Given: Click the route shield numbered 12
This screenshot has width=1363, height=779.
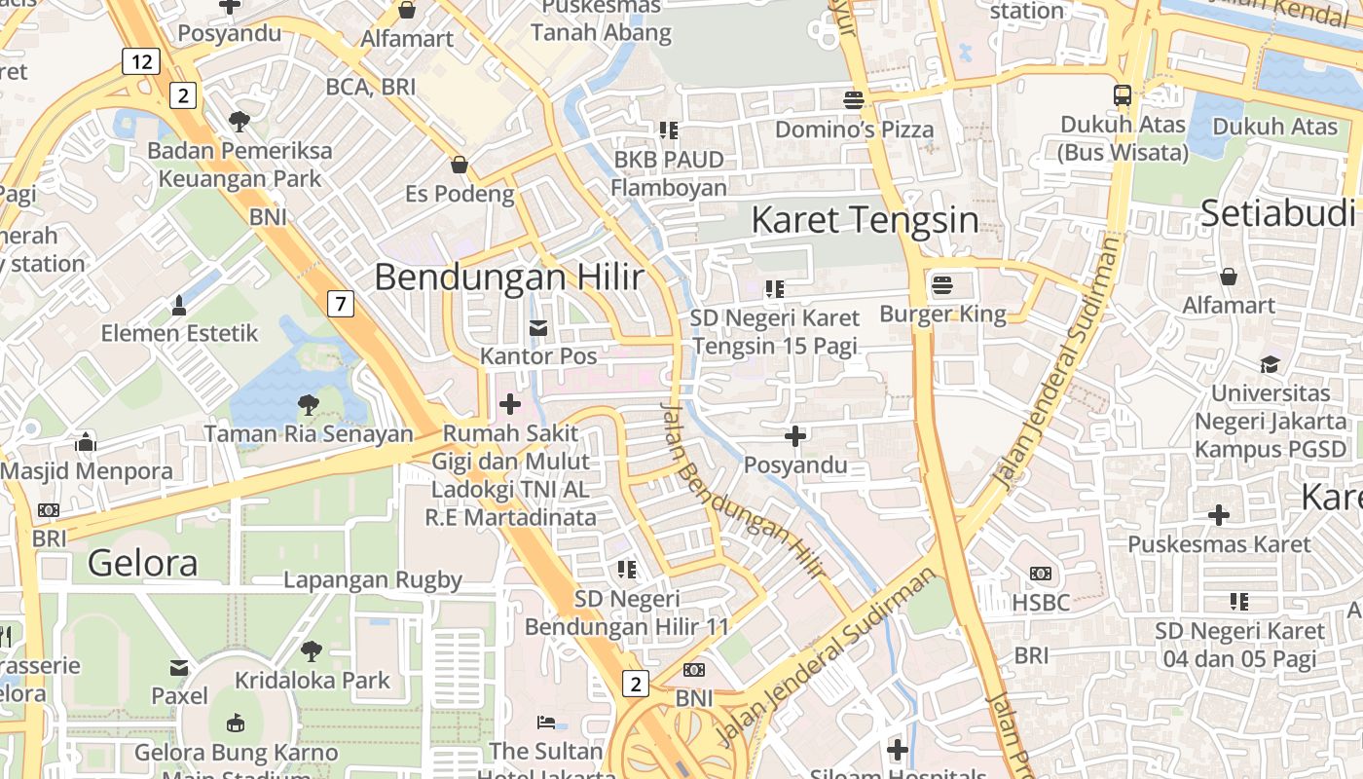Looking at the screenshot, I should (141, 62).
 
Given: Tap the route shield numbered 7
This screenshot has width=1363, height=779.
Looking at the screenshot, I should (339, 304).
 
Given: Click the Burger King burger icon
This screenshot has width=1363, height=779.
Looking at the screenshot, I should (941, 285).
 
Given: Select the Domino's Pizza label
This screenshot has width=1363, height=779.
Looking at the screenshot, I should (854, 130).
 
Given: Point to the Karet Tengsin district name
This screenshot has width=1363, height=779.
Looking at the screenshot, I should (865, 220).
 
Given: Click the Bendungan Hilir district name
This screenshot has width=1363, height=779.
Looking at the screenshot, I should (508, 278).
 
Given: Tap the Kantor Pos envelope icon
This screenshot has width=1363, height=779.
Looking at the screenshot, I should (537, 328).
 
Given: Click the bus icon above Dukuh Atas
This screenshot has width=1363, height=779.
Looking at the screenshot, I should (1123, 95).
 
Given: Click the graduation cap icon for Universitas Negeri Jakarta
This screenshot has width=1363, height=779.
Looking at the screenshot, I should (1270, 364).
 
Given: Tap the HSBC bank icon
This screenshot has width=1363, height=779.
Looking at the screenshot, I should (1040, 575).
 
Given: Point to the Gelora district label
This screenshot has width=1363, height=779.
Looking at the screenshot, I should (142, 563).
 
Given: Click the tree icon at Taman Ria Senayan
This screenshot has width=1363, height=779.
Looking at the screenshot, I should (308, 404).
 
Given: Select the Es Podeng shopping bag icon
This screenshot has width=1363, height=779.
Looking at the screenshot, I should (459, 165).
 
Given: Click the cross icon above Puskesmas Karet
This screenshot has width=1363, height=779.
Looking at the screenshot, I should (1218, 515).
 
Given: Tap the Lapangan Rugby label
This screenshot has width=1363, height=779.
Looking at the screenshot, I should (373, 580).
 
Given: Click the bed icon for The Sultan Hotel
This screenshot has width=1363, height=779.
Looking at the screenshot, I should (546, 723).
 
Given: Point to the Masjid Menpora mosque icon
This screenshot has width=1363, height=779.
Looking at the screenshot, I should (86, 442).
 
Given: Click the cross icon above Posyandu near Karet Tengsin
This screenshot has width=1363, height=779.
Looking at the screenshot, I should (795, 436).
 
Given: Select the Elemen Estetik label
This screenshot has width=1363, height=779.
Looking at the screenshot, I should (180, 333).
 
